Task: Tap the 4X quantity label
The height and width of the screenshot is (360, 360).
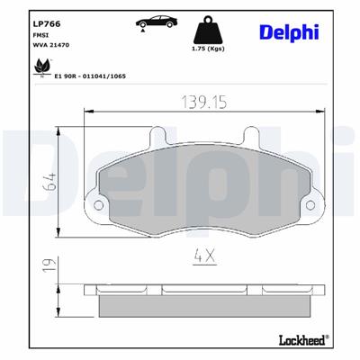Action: coord(205,256)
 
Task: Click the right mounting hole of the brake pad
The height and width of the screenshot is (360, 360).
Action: coord(310,208)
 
